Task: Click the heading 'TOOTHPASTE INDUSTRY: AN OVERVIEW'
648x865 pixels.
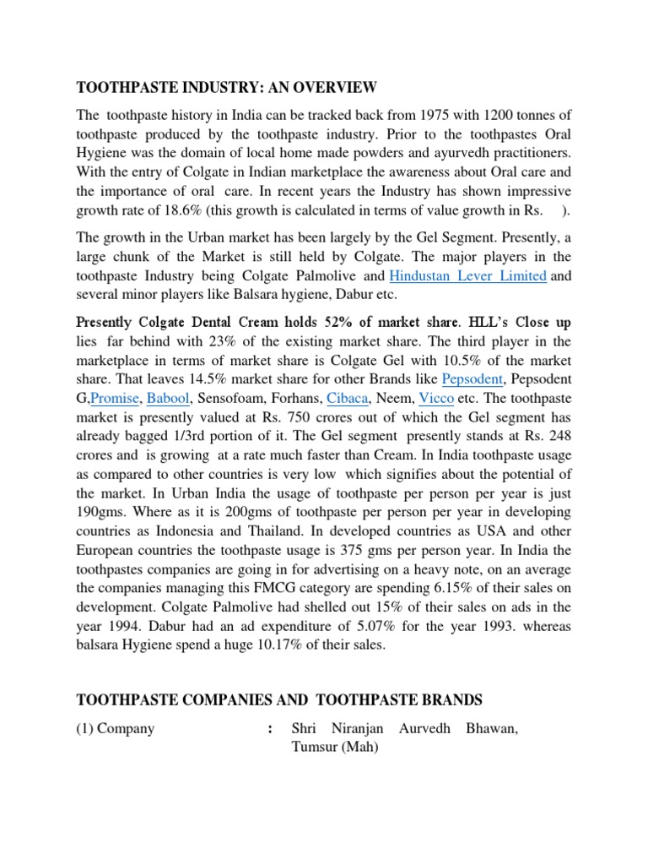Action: click(x=226, y=88)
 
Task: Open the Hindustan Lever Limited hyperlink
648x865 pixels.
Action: click(x=468, y=275)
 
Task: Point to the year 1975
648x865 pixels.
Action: click(x=434, y=114)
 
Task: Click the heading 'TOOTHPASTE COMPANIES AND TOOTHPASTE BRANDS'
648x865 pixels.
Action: click(x=279, y=699)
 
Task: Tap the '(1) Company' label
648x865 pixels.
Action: click(x=116, y=727)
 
